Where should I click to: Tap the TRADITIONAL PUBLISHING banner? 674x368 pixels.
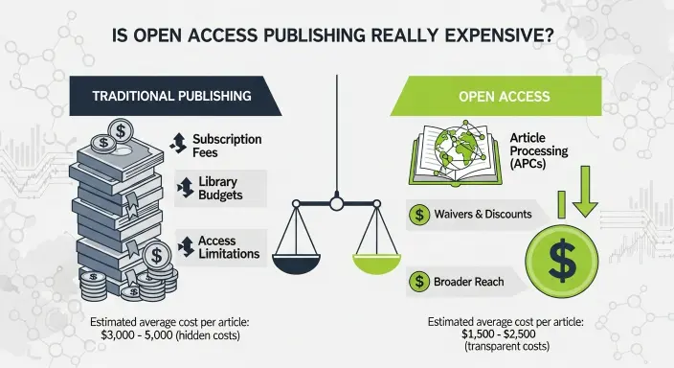pyautogui.click(x=171, y=97)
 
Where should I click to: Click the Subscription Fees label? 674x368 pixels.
pyautogui.click(x=227, y=145)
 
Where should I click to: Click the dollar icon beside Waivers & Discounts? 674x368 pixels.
pyautogui.click(x=418, y=215)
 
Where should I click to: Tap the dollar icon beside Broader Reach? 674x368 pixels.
pyautogui.click(x=418, y=282)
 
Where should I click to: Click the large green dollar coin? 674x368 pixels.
pyautogui.click(x=562, y=257)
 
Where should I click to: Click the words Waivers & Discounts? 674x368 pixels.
pyautogui.click(x=483, y=215)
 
